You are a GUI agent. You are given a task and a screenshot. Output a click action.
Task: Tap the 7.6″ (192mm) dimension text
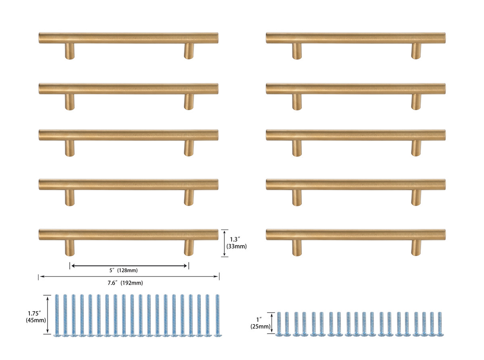click(x=125, y=283)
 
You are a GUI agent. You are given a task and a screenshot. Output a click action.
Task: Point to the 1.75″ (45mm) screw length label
click(x=35, y=316)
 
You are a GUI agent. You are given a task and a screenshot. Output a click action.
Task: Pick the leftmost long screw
click(x=56, y=315)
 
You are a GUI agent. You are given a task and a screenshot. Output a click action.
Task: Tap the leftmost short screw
click(x=279, y=324)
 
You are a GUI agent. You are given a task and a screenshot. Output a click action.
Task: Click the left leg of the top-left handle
click(x=70, y=51)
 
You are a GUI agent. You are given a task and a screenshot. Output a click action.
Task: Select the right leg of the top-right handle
click(x=416, y=51)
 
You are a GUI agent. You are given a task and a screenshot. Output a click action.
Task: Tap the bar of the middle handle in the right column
click(x=356, y=135)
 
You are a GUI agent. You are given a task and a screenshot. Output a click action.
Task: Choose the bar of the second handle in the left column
click(x=129, y=89)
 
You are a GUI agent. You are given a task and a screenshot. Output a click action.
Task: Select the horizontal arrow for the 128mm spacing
click(x=129, y=265)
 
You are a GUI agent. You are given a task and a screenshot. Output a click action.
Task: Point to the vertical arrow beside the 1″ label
click(x=272, y=323)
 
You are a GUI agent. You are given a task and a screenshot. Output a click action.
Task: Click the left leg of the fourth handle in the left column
click(x=70, y=198)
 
